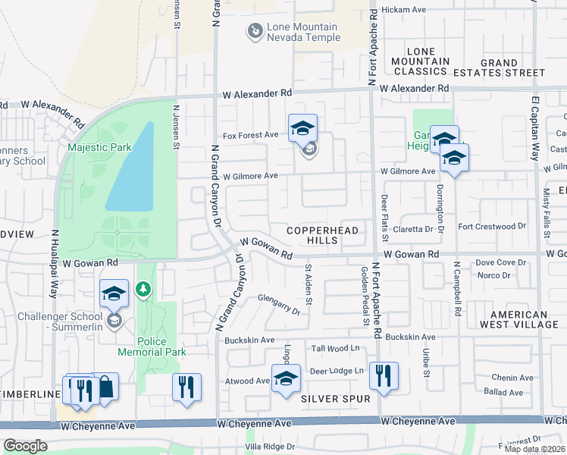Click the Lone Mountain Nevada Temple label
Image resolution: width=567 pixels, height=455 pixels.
302,32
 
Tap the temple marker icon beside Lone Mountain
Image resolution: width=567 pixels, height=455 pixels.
255,31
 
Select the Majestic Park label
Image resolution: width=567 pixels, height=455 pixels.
99,147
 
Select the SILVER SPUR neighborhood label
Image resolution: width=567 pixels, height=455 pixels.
335,398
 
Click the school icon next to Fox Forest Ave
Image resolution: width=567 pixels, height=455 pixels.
302,128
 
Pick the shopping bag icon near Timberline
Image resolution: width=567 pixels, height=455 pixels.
105,388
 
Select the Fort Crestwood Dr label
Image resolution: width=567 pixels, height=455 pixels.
491,226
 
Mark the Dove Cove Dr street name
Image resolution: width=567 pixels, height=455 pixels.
500,262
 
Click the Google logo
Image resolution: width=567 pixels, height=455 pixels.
25,446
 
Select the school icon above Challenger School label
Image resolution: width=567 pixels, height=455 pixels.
114,293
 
